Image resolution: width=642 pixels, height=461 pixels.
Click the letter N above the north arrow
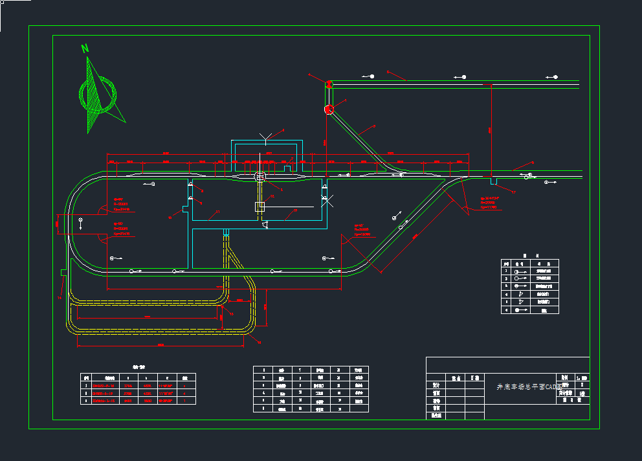pyautogui.click(x=85, y=48)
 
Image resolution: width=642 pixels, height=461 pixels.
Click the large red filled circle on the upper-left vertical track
pyautogui.click(x=329, y=109)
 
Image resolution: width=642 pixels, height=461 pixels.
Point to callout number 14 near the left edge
pyautogui.click(x=60, y=298)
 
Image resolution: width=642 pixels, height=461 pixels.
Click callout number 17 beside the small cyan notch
pyautogui.click(x=514, y=192)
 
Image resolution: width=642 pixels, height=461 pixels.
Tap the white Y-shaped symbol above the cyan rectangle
pyautogui.click(x=263, y=137)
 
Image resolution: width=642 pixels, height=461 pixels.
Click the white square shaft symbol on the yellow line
pyautogui.click(x=260, y=207)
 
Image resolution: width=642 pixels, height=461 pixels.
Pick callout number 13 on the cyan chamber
pyautogui.click(x=295, y=210)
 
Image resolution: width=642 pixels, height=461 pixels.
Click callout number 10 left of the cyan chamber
pyautogui.click(x=170, y=216)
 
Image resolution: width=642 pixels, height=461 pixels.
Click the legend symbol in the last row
pyautogui.click(x=521, y=310)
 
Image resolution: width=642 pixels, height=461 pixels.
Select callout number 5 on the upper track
pyautogui.click(x=387, y=72)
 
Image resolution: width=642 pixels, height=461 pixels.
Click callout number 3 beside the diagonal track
pyautogui.click(x=374, y=126)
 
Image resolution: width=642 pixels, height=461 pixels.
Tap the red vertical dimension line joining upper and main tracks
pyautogui.click(x=490, y=129)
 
